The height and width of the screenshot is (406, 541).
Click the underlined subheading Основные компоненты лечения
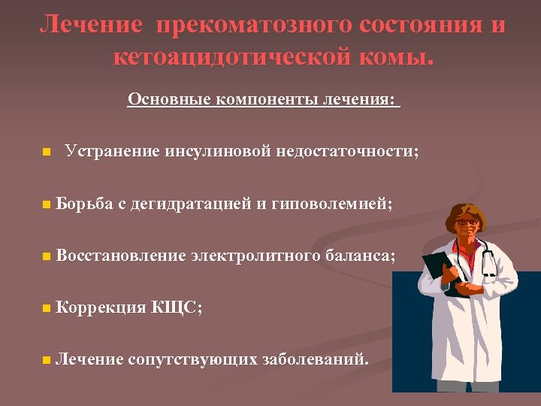click(264, 99)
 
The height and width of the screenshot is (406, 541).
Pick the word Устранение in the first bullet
click(112, 151)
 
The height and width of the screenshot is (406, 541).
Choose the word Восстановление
click(120, 256)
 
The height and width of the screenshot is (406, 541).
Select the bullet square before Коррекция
click(47, 308)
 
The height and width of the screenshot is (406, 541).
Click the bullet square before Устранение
click(47, 152)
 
